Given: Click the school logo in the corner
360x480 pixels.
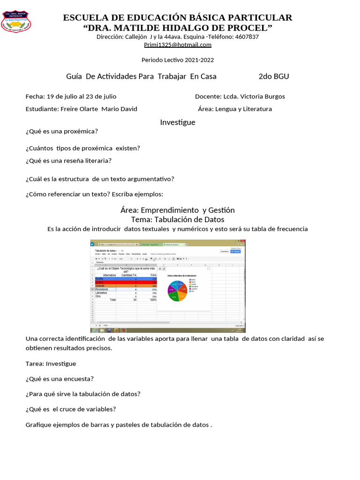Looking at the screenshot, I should coord(17,22).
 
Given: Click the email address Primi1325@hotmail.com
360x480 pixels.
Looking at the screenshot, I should coord(178,45).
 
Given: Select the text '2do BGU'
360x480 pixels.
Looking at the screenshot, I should coord(274,76).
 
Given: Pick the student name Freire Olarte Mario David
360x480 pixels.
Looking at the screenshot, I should coord(99,109).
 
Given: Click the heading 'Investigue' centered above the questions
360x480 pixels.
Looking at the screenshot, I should coord(178,122).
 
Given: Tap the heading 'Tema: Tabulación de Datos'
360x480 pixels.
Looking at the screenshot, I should coord(178,219).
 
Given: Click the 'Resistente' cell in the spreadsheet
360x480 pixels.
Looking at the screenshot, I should coord(105,290).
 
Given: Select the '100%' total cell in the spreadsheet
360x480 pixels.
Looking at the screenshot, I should coord(153,300).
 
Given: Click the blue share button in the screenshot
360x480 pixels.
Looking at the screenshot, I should coord(236,251).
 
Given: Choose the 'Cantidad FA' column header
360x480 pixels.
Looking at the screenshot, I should coord(129,275).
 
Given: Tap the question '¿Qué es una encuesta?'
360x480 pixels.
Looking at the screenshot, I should coord(60,379).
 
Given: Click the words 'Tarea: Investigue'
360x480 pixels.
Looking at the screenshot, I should coord(51,364).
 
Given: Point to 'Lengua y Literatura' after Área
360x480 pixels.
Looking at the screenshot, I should coord(244,109).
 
